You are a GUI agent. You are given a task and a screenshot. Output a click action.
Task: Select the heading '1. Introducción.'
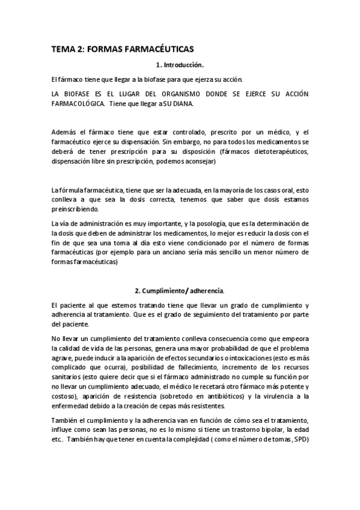pos(180,65)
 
